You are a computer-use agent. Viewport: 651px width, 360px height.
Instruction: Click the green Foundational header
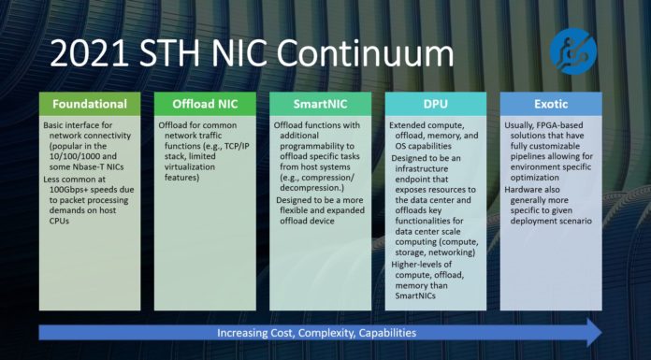(90, 103)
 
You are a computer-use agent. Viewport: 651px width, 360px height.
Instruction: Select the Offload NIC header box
(205, 103)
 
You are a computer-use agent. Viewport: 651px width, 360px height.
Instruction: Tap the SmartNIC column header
(321, 103)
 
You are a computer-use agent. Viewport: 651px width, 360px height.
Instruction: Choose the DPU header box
(436, 103)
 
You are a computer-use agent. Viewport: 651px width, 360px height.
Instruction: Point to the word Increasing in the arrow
(246, 333)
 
